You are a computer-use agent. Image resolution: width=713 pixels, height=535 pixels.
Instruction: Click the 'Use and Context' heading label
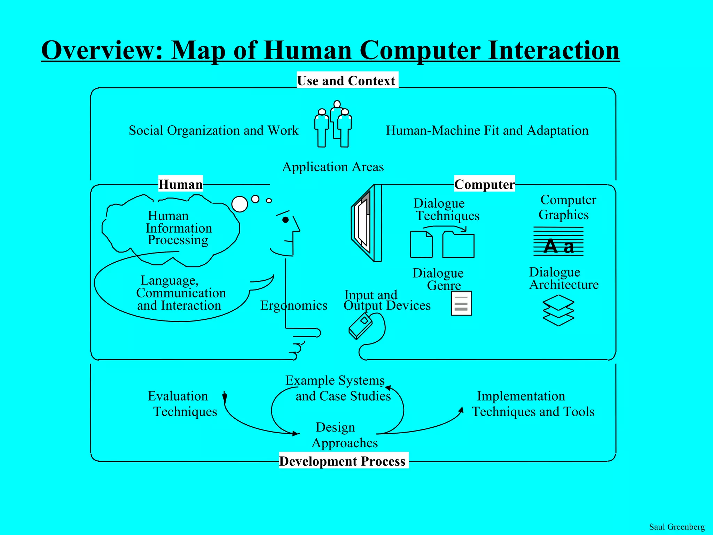click(347, 80)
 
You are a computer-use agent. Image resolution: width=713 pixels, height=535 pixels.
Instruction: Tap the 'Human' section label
click(180, 184)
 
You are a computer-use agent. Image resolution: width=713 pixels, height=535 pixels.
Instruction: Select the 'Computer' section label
click(484, 184)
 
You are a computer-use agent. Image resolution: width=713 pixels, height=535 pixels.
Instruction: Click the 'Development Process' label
click(343, 461)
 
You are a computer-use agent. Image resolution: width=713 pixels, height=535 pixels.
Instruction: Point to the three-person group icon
click(333, 125)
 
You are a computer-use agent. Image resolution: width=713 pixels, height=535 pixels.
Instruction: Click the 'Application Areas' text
click(333, 167)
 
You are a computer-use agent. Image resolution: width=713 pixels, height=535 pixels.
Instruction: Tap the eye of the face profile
click(285, 220)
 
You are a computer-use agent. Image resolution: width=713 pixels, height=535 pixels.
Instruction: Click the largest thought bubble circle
click(240, 204)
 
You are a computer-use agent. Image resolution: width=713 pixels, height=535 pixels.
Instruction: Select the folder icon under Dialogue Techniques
click(458, 245)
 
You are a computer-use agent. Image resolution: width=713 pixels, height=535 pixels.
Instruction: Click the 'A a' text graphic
click(558, 246)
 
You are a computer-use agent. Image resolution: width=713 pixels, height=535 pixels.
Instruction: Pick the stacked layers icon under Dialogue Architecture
click(558, 310)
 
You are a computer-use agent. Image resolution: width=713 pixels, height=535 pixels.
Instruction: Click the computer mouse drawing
click(361, 326)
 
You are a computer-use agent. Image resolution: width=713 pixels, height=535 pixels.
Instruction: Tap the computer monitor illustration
click(367, 223)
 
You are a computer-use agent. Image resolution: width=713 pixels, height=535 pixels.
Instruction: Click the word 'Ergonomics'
click(294, 305)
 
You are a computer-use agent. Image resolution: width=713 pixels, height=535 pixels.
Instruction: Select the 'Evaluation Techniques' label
click(182, 404)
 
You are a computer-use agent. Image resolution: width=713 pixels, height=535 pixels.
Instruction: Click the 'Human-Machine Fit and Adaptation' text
click(487, 131)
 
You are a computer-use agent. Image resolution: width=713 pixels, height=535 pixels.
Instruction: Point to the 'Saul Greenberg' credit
click(676, 527)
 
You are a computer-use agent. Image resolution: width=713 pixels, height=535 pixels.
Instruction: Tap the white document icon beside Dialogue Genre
click(461, 303)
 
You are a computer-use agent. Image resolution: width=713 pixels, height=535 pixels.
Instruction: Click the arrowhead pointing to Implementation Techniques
click(461, 410)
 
